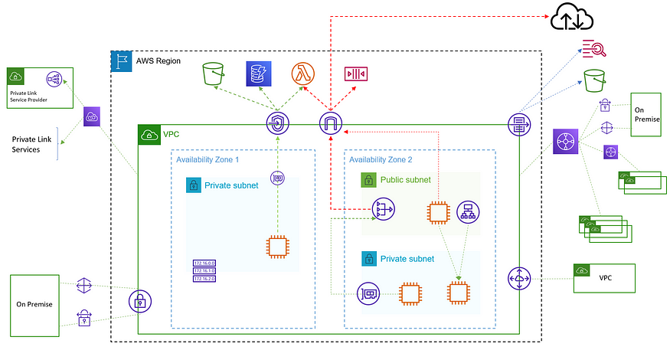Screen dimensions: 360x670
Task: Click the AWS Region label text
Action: pyautogui.click(x=158, y=60)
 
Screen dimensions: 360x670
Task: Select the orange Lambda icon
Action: pyautogui.click(x=303, y=74)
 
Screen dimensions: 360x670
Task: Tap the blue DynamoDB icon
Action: pyautogui.click(x=257, y=74)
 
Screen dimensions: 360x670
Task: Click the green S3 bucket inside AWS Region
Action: pyautogui.click(x=212, y=74)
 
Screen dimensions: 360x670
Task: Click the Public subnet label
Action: pyautogui.click(x=405, y=181)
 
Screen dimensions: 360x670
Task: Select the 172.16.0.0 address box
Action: pyautogui.click(x=204, y=263)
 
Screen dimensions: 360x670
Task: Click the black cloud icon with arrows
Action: pyautogui.click(x=567, y=17)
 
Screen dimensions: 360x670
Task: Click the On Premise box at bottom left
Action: pyautogui.click(x=34, y=305)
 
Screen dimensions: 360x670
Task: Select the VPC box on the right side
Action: pyautogui.click(x=604, y=278)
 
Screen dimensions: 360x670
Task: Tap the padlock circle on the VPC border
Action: pyautogui.click(x=139, y=301)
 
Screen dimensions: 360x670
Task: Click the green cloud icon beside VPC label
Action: pyautogui.click(x=149, y=135)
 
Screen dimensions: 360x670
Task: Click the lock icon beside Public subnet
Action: pyautogui.click(x=368, y=181)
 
